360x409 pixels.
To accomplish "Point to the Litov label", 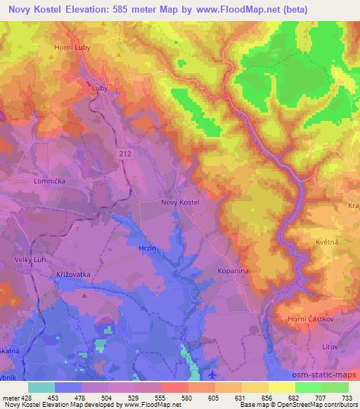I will tap(330, 346).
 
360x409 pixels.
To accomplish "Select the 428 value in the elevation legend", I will tap(23, 396).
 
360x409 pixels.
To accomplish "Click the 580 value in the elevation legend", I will tap(186, 396).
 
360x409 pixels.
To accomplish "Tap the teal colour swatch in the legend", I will tap(41, 387).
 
